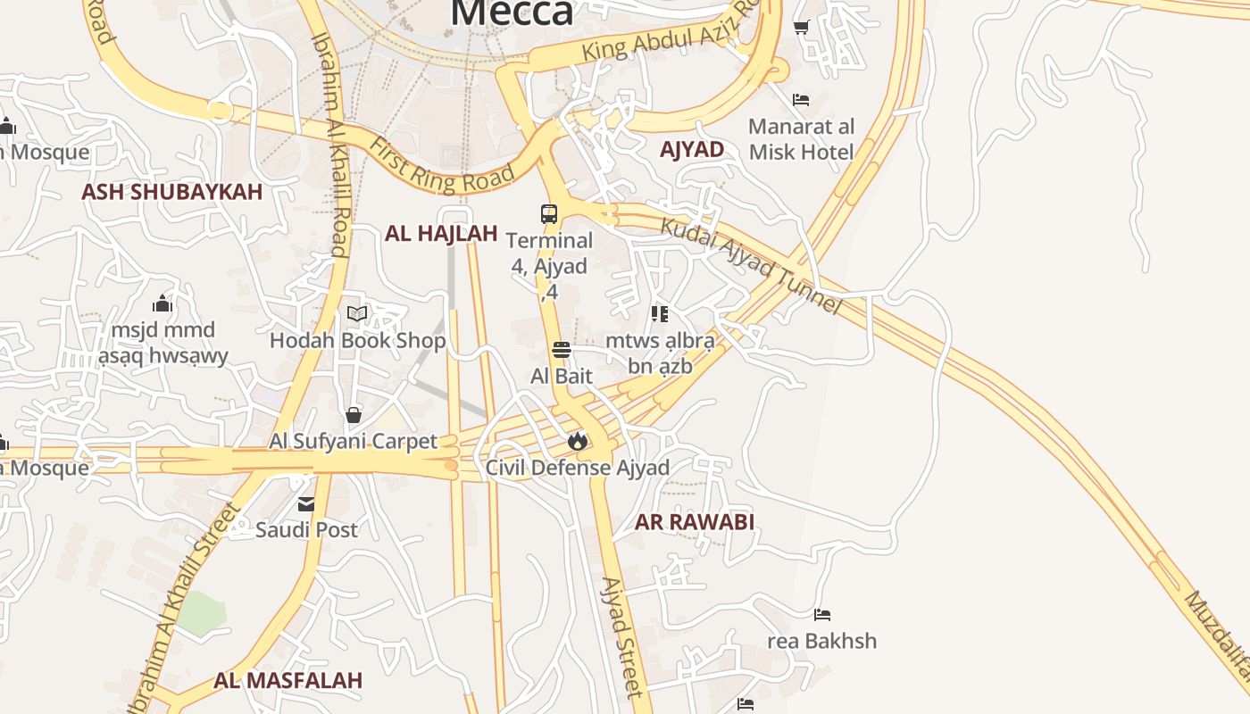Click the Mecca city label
512,12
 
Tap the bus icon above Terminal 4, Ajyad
549,214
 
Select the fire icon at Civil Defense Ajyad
578,441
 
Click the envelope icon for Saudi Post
306,504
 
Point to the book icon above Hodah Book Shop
357,313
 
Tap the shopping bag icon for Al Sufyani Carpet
354,415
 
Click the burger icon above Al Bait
562,350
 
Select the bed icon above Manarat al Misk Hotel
801,100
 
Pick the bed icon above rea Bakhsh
822,615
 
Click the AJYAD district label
692,149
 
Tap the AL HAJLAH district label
441,234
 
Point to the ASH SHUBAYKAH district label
172,192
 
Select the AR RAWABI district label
695,522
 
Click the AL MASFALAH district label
288,680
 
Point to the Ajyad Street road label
621,636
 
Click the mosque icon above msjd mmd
162,303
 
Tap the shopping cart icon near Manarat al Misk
801,28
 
